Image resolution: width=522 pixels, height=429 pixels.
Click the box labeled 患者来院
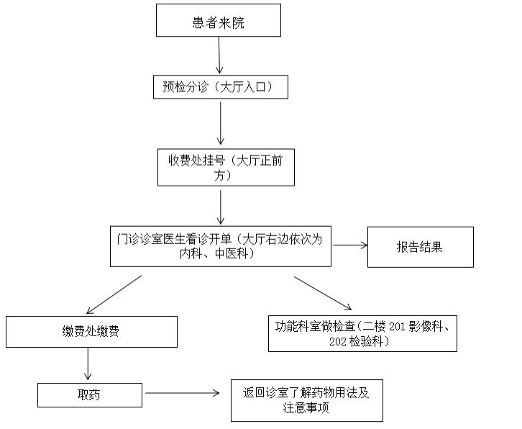tap(219, 20)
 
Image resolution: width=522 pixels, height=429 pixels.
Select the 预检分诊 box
tap(221, 87)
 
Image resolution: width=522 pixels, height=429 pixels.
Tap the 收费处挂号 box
tap(226, 167)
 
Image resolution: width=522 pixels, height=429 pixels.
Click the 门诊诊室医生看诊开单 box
tap(221, 246)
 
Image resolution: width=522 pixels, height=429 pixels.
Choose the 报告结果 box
tap(421, 247)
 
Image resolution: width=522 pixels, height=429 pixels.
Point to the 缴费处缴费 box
tap(91, 332)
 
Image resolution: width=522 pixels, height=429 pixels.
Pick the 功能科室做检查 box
tap(362, 334)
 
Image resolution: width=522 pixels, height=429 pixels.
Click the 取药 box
tap(90, 395)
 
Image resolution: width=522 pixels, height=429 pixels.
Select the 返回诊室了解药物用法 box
tap(307, 400)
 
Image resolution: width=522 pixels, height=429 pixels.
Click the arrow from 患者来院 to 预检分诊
tap(219, 55)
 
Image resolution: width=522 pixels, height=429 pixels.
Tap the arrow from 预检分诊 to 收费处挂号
tap(221, 123)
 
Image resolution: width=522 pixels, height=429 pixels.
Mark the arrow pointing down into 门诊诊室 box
tap(221, 207)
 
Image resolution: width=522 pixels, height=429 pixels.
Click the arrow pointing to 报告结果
tap(350, 245)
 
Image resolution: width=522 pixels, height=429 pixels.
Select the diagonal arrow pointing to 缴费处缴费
tap(114, 294)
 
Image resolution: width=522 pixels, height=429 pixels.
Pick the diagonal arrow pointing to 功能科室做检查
tap(323, 294)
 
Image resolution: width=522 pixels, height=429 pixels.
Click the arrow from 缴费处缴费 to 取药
tap(88, 364)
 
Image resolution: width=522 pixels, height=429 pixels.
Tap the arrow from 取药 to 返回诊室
tap(183, 393)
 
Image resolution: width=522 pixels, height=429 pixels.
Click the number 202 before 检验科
tap(337, 342)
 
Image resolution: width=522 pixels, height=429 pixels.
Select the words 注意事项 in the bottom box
tap(306, 407)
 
